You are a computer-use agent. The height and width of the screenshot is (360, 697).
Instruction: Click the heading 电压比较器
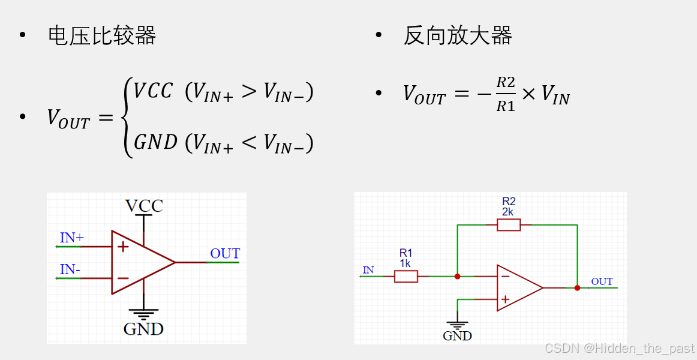(x=102, y=36)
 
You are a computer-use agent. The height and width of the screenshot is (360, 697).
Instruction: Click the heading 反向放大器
(x=458, y=36)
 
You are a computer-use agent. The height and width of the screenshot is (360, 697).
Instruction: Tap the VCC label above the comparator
(x=144, y=206)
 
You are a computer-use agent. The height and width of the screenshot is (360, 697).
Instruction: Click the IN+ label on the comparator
(x=72, y=238)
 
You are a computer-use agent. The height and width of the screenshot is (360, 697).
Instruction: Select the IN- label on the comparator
(x=70, y=270)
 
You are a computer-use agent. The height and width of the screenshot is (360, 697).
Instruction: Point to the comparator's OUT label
(x=225, y=254)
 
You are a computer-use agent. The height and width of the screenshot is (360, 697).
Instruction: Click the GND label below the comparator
(x=143, y=329)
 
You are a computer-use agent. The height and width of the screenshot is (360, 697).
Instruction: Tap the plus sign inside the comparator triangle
(x=123, y=247)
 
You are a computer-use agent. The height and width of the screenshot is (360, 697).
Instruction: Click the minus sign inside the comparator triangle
(x=123, y=278)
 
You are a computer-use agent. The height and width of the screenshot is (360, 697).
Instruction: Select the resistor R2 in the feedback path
(x=509, y=225)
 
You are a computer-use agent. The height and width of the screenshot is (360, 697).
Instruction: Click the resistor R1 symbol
(x=406, y=276)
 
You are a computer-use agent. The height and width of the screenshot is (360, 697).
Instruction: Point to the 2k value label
(x=509, y=212)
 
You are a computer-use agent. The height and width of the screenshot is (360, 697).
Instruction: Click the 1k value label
(x=406, y=263)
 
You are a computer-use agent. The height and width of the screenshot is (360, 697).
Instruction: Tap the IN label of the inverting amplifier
(x=368, y=270)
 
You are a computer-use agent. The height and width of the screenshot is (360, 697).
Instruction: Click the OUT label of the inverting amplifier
(x=602, y=281)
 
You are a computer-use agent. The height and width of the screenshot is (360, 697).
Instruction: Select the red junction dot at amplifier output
(x=577, y=288)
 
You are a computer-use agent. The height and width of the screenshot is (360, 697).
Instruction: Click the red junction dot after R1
(x=457, y=277)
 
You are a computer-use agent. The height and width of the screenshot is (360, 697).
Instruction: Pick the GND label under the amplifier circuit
(x=457, y=336)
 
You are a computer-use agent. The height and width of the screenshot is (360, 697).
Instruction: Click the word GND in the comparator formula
(x=155, y=142)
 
